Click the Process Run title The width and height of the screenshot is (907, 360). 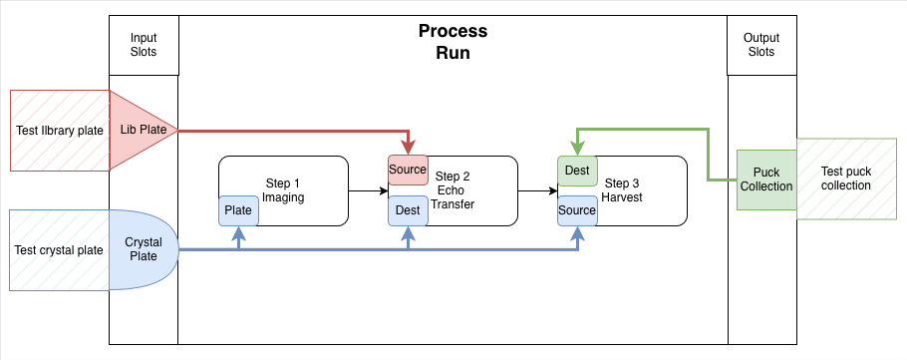453,42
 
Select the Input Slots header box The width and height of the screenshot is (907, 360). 144,45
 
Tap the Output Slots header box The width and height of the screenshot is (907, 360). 761,45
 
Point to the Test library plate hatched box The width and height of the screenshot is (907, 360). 60,131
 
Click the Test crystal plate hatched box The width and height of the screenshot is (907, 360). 59,250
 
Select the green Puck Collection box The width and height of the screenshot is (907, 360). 766,180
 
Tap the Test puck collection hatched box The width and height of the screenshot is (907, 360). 846,179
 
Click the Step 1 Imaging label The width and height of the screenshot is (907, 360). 283,190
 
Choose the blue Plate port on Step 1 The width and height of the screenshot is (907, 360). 238,210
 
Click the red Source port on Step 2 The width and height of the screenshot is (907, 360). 408,170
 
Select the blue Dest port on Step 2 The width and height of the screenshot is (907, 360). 408,210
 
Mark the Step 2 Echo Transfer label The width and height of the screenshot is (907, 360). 453,190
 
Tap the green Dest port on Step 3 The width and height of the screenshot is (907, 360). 577,171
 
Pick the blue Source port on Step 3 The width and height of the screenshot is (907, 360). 577,210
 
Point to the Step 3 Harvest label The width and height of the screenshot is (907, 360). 622,190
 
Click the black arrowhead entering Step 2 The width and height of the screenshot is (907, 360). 384,190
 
